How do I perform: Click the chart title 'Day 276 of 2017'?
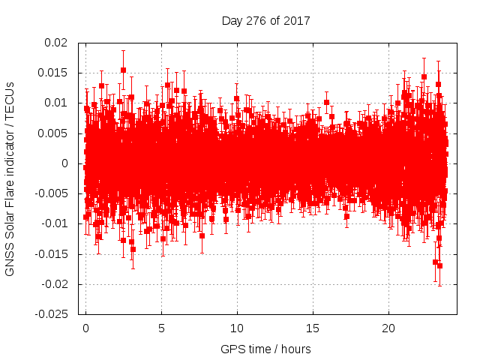click(x=266, y=20)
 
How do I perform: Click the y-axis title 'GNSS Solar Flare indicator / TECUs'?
click(x=10, y=178)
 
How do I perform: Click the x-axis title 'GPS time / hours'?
click(x=265, y=349)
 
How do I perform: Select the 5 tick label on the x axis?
click(x=161, y=328)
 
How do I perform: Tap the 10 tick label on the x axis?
click(x=237, y=328)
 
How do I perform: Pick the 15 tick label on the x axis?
click(x=313, y=328)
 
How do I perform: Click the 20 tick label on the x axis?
click(x=388, y=328)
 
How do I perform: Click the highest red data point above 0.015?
click(x=123, y=70)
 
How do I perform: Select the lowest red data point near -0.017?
click(x=439, y=265)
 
